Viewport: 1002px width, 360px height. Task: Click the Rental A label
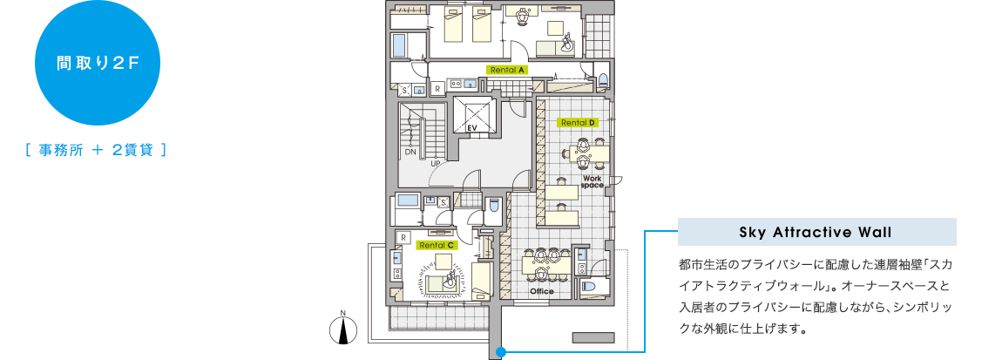tap(507, 70)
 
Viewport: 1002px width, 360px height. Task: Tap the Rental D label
tap(577, 122)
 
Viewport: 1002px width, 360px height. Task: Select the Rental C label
tap(437, 244)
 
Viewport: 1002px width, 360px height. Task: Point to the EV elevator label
tap(473, 128)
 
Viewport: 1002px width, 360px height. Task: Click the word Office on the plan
tap(542, 292)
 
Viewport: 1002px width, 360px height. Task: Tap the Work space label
tap(592, 181)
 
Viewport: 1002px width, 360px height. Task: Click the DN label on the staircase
tap(410, 153)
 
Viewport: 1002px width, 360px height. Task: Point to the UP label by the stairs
tap(437, 163)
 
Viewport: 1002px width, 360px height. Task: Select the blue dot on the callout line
tap(501, 351)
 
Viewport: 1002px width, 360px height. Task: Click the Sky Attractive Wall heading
tap(816, 232)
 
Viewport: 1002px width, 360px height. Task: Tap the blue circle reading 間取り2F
tap(97, 64)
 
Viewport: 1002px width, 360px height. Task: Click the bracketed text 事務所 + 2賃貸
tap(97, 151)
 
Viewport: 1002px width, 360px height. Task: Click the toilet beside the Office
tap(588, 286)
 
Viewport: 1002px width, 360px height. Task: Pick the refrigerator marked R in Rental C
tap(403, 237)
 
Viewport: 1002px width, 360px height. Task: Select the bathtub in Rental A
tap(399, 45)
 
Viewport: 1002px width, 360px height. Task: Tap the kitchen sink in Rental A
tap(470, 84)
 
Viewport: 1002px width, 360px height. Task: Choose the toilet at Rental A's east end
tap(602, 80)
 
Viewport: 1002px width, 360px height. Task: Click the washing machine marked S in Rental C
tap(443, 202)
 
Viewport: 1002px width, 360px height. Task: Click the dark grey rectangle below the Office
tap(593, 337)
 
